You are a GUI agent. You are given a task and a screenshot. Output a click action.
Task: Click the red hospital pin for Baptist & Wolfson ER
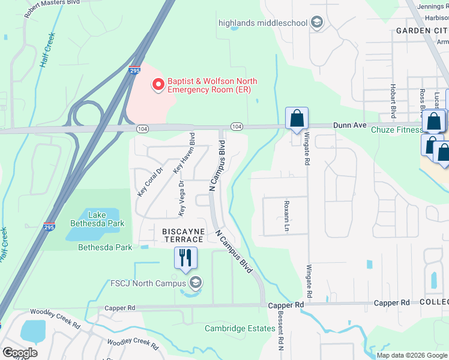[158, 85]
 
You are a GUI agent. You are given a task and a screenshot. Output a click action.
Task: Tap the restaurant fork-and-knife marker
[186, 258]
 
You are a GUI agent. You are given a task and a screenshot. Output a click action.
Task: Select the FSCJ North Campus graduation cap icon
[195, 283]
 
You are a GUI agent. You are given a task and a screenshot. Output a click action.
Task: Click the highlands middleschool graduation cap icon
[317, 23]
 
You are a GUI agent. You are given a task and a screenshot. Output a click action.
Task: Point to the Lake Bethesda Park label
[106, 219]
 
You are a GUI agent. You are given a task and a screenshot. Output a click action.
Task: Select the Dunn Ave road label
[350, 125]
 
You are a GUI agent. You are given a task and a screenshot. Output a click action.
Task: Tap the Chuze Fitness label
[397, 130]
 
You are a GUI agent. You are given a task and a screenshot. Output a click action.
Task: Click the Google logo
[20, 353]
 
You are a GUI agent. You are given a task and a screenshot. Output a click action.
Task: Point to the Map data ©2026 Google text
[411, 355]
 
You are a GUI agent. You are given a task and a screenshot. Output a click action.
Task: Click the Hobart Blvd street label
[394, 100]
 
